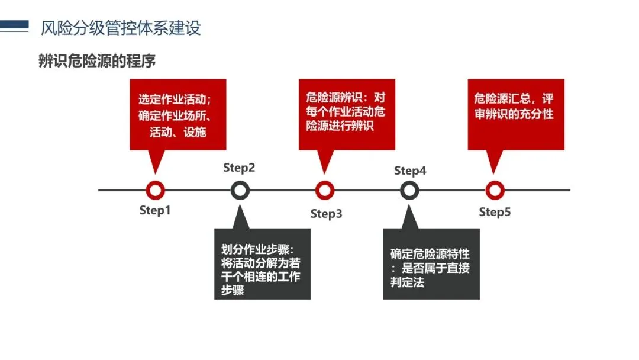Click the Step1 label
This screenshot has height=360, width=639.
(155, 210)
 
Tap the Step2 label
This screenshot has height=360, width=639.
(239, 168)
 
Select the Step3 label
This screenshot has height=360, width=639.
(326, 214)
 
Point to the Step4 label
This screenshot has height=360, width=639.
(410, 171)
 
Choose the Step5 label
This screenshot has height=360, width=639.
(495, 212)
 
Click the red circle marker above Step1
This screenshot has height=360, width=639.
(155, 190)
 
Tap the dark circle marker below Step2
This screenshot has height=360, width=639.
(240, 190)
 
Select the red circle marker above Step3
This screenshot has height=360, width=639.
(325, 190)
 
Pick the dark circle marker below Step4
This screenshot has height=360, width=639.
(409, 190)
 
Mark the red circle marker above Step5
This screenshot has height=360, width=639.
(495, 190)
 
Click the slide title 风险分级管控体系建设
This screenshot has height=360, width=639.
(121, 28)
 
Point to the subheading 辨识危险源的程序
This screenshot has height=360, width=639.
(97, 61)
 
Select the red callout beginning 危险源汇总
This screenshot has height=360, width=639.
(515, 105)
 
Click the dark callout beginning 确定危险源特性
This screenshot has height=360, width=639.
(431, 268)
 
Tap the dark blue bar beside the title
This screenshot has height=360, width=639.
(14, 25)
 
